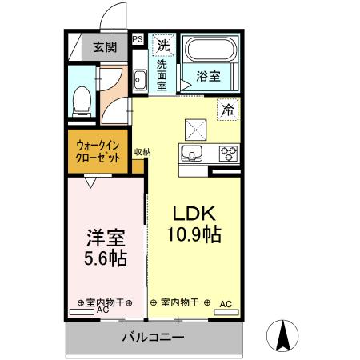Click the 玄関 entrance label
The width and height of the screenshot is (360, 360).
[x=103, y=46]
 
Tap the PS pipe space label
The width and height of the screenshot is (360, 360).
[x=138, y=38]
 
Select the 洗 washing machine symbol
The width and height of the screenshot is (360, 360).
[x=163, y=43]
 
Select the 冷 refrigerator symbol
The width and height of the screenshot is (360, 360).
[x=228, y=109]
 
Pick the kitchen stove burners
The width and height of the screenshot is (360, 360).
[x=228, y=154]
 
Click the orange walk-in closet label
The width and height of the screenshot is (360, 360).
[x=98, y=151]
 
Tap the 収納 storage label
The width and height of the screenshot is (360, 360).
[x=142, y=150]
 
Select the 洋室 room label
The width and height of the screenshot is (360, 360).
[x=106, y=238]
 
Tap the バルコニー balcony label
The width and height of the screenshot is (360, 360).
[x=152, y=337]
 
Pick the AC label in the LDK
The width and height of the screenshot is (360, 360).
[x=226, y=303]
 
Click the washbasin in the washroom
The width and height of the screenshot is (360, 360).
[x=140, y=79]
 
